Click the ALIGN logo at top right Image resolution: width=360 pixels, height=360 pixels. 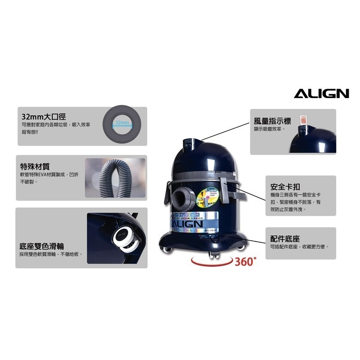[x=321, y=93]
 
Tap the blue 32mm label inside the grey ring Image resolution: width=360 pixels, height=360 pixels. [x=121, y=122]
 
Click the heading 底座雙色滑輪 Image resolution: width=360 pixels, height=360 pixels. [x=42, y=246]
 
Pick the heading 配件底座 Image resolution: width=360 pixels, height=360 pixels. [x=285, y=238]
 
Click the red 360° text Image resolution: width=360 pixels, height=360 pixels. [x=246, y=262]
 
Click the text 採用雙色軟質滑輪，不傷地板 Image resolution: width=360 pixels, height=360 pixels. [x=51, y=254]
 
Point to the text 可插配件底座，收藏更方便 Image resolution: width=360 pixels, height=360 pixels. [x=300, y=247]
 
